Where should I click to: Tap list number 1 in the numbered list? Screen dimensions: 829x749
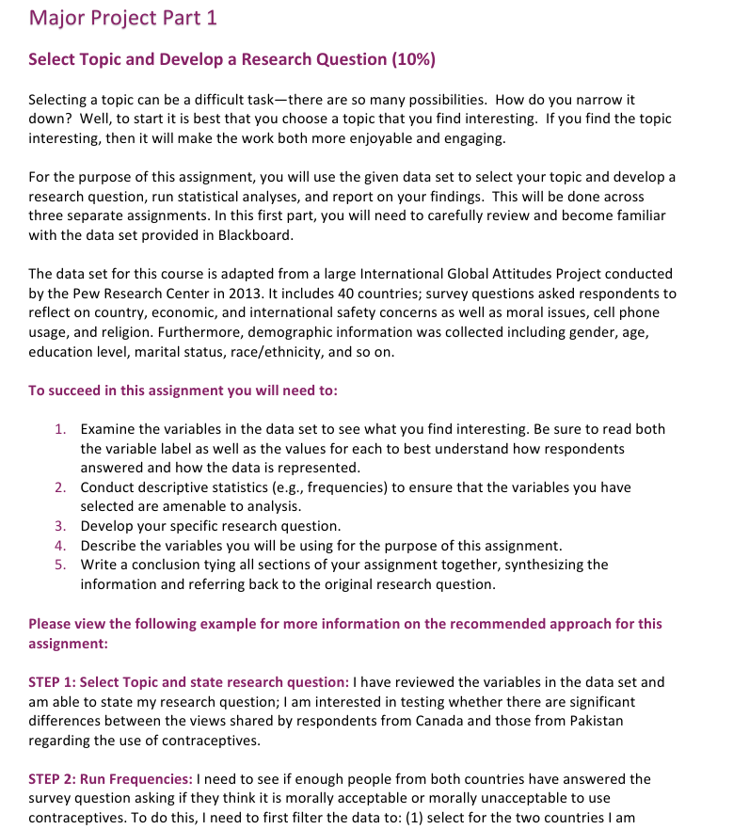59,429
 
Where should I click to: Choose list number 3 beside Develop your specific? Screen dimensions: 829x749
59,526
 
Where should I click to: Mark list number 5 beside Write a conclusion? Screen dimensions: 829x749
59,565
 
